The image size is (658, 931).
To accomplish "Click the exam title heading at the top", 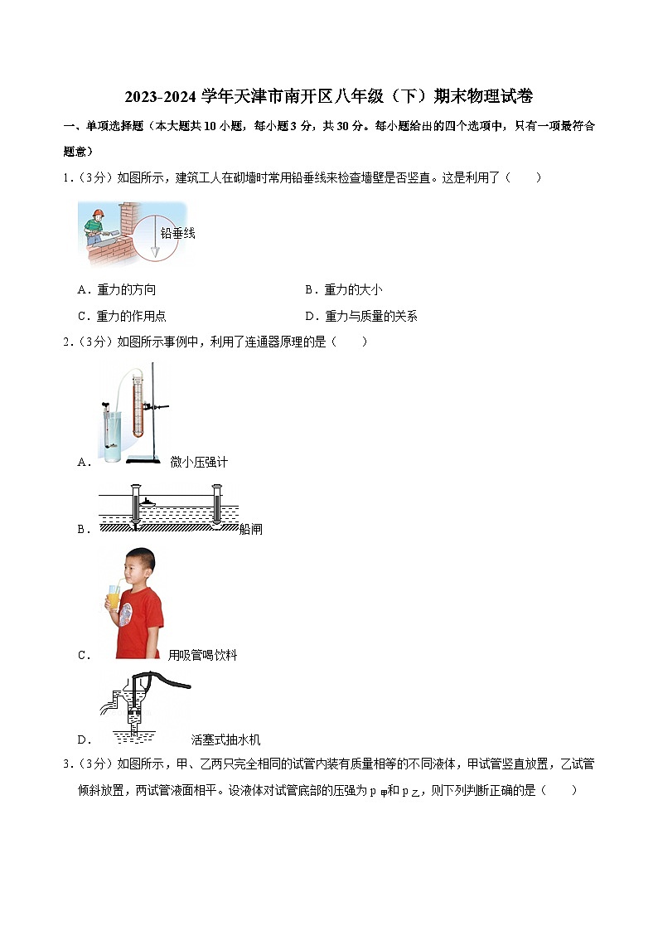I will click(x=328, y=97).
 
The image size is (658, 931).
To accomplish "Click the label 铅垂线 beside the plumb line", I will click(x=177, y=234).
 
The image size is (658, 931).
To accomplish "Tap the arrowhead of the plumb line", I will click(x=154, y=250).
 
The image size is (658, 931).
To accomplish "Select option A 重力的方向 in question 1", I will click(x=116, y=289).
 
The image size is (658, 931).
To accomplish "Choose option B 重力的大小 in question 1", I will click(x=344, y=289).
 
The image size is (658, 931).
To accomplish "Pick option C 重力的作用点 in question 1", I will click(x=122, y=316).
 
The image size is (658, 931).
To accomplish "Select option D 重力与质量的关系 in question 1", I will click(x=361, y=316).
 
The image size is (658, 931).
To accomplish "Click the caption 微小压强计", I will click(x=199, y=462).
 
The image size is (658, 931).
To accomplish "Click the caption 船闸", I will click(x=250, y=529).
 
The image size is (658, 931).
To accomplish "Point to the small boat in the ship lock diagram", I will click(x=146, y=501).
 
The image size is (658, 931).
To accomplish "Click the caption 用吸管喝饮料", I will click(x=202, y=655).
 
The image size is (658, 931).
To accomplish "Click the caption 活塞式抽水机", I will click(x=225, y=739).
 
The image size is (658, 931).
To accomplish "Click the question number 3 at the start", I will click(x=67, y=764).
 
